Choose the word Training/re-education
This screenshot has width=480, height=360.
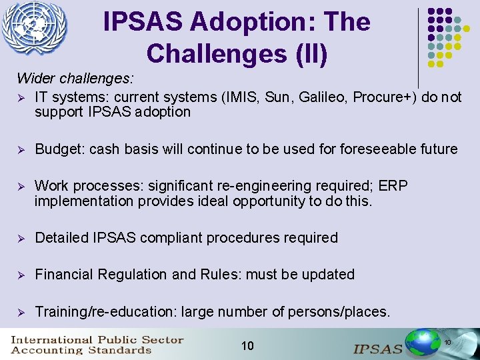[x=105, y=311]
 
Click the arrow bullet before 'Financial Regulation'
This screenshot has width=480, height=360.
[x=21, y=275]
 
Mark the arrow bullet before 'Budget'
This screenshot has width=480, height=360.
[x=21, y=149]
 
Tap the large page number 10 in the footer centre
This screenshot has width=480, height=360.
[x=247, y=345]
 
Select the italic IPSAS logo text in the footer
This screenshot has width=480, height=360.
[x=378, y=348]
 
